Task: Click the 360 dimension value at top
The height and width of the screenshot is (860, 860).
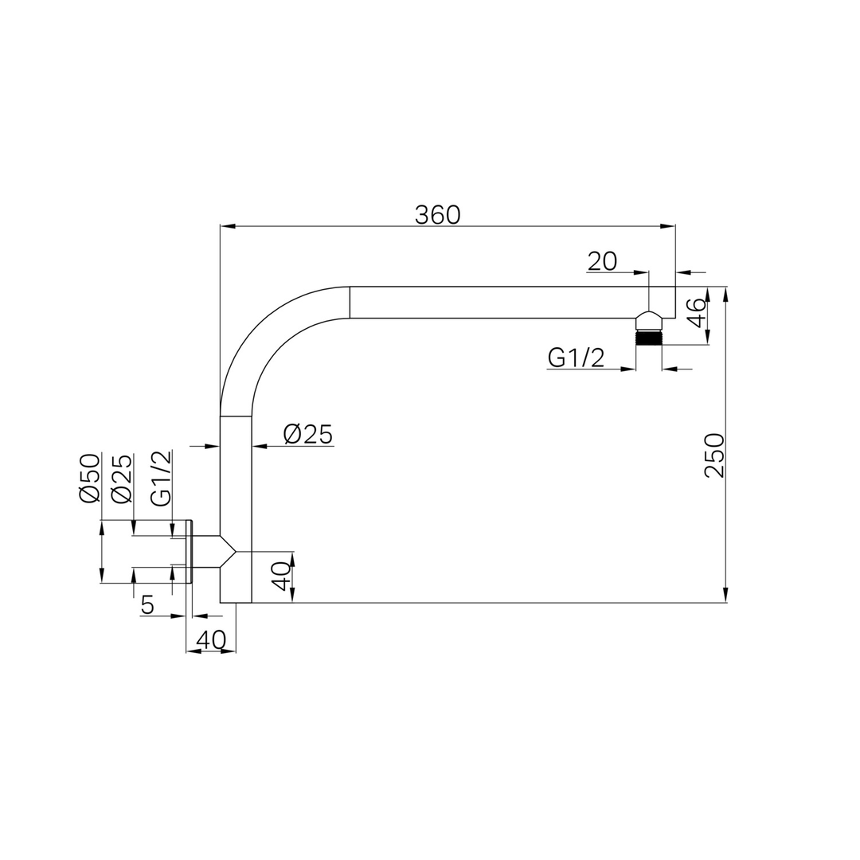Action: [x=437, y=215]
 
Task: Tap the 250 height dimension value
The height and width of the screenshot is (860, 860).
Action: [x=713, y=455]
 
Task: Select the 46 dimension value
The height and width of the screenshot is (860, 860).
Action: [x=697, y=313]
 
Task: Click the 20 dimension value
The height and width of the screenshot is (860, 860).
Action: [x=602, y=262]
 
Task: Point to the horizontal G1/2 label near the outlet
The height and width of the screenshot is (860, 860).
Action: [x=576, y=358]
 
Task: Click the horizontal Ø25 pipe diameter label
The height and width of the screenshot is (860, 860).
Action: [x=307, y=435]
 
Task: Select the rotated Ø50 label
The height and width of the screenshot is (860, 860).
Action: [x=90, y=478]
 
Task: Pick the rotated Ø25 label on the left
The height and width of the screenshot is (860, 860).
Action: [x=121, y=478]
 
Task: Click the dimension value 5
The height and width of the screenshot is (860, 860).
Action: [x=147, y=605]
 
